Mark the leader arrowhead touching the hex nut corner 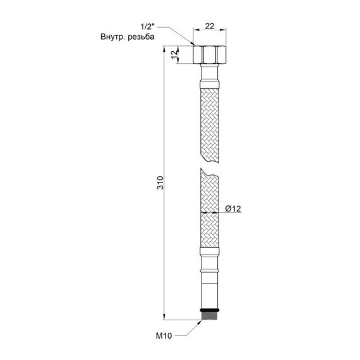pyautogui.click(x=192, y=45)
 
